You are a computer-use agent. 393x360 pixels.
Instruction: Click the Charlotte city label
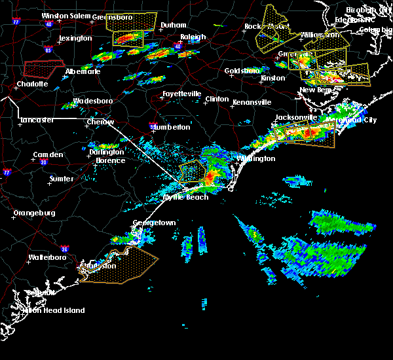(32, 84)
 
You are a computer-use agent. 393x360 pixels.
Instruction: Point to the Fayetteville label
(181, 94)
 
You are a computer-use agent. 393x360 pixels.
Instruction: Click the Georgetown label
(155, 223)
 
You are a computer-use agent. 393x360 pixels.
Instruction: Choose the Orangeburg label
(34, 213)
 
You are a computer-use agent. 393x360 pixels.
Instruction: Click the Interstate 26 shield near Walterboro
(65, 249)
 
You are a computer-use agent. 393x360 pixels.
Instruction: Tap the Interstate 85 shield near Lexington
(48, 50)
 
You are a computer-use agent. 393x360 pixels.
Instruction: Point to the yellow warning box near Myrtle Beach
(191, 171)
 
